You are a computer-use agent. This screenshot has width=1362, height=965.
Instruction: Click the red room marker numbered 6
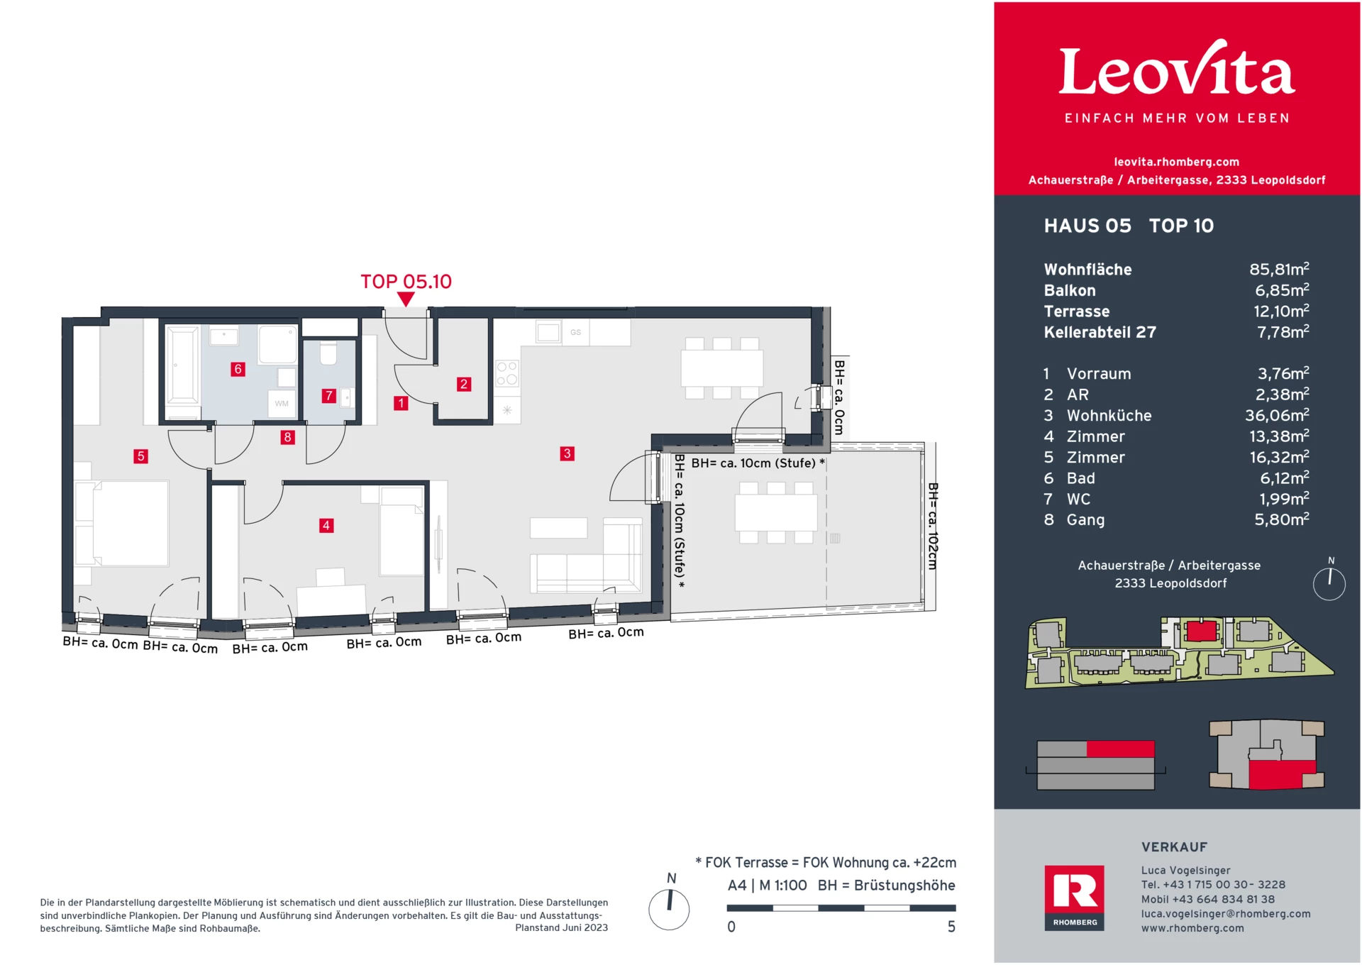click(238, 369)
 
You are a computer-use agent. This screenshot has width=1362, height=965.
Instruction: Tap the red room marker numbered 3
click(567, 453)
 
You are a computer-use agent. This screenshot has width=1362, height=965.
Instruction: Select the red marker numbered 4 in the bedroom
click(326, 526)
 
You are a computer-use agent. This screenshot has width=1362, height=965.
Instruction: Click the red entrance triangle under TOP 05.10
click(406, 299)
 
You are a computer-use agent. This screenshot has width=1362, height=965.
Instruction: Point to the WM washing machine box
click(282, 403)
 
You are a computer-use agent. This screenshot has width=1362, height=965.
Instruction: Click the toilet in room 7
click(328, 353)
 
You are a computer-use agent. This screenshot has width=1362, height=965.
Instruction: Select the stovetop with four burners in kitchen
click(507, 373)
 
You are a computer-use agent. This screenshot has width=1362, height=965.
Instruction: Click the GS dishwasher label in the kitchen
click(575, 332)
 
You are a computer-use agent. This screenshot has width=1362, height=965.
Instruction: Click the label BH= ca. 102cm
click(933, 526)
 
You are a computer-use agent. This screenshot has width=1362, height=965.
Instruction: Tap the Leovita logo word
click(1177, 71)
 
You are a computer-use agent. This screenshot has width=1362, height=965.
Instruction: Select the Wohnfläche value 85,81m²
click(1278, 270)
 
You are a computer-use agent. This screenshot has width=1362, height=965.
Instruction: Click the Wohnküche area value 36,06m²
click(1276, 416)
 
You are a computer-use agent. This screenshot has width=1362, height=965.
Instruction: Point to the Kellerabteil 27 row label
click(1100, 332)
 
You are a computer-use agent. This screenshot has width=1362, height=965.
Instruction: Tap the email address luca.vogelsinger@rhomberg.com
click(1225, 914)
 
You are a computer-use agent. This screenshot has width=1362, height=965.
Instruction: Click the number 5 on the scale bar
click(951, 927)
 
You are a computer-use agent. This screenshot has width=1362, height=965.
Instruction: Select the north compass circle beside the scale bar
click(669, 909)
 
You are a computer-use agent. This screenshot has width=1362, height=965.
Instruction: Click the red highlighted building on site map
click(1201, 630)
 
